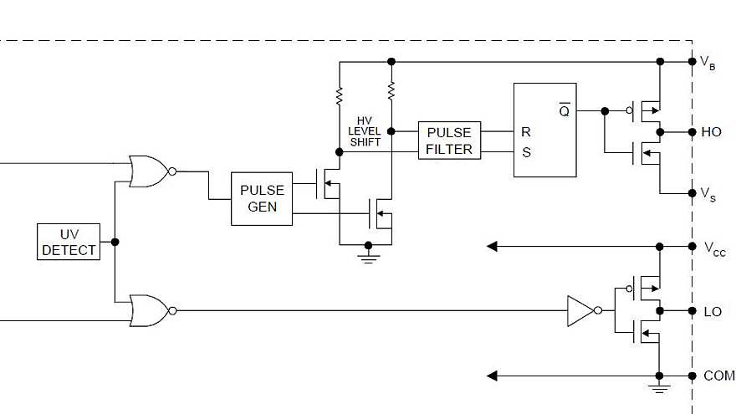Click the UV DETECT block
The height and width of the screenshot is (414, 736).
click(69, 242)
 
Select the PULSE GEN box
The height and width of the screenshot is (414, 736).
click(262, 198)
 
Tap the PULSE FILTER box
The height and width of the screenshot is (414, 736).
click(449, 141)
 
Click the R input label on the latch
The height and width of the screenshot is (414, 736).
click(526, 132)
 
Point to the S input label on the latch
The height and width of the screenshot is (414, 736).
click(526, 153)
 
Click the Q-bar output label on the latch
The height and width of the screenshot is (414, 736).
click(564, 110)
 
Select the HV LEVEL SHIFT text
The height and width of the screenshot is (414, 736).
click(365, 131)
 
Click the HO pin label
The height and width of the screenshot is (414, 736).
click(712, 132)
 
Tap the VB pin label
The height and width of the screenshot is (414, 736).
click(708, 63)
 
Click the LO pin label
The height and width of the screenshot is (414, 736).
click(712, 311)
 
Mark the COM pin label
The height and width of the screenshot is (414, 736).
click(718, 376)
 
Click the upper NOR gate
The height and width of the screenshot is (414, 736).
click(149, 171)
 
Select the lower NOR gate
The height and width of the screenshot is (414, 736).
click(149, 310)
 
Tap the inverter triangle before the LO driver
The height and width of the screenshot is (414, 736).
click(580, 310)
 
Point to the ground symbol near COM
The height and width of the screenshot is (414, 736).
click(660, 388)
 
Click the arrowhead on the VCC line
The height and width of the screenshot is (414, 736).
click(493, 246)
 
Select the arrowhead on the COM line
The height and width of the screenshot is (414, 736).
click(493, 376)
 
